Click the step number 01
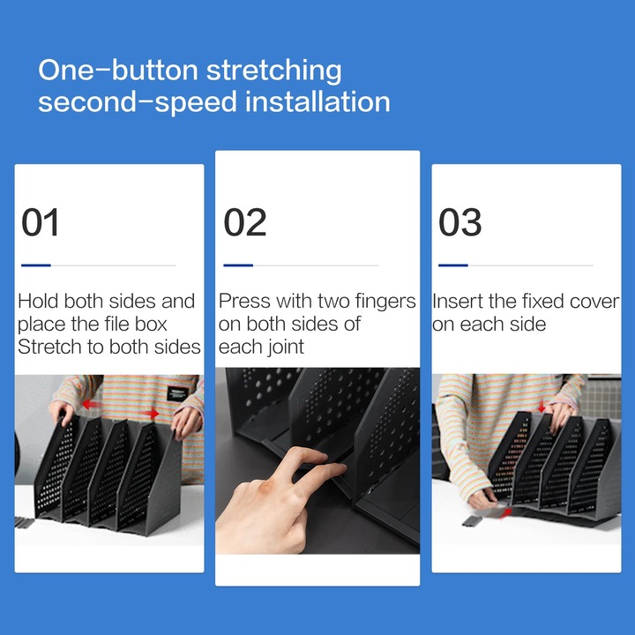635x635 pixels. (40, 222)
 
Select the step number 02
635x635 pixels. (245, 222)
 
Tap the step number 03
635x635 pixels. (460, 222)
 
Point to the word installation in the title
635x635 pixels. (317, 101)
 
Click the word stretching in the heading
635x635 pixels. (274, 71)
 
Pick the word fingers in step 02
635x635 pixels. (385, 303)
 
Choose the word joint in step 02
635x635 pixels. (283, 347)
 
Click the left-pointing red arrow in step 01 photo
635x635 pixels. (91, 404)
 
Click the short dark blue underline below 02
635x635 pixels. (238, 265)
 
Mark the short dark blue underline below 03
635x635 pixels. (453, 265)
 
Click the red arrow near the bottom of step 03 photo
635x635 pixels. (505, 513)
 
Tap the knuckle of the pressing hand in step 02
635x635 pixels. (265, 486)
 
